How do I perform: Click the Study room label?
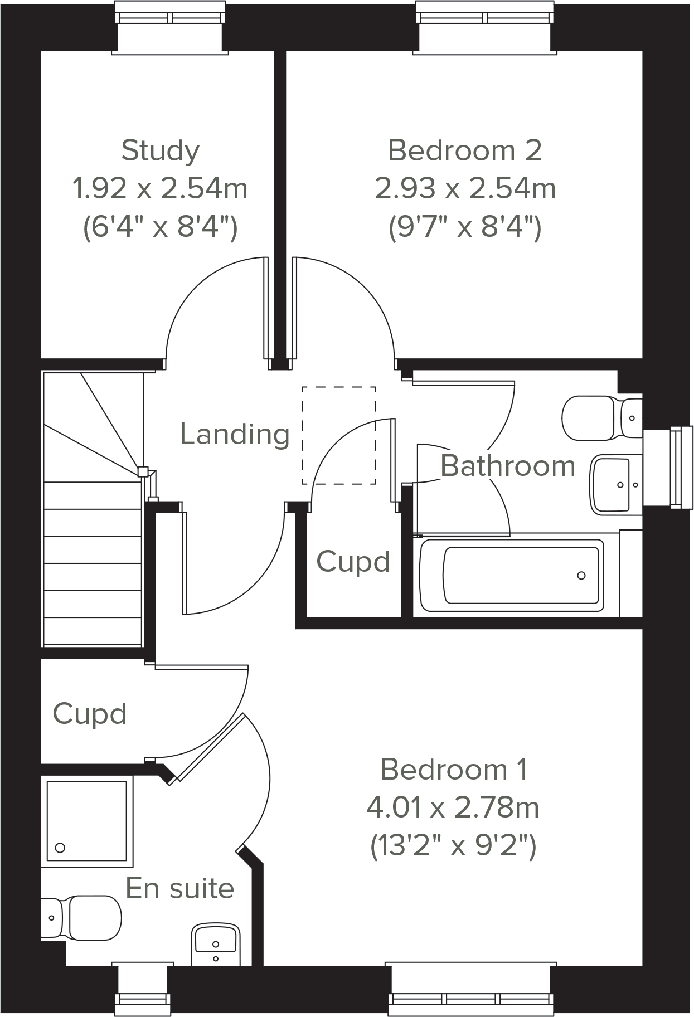(x=160, y=151)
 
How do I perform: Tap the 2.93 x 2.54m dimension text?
(x=465, y=189)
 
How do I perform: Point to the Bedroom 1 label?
(x=453, y=770)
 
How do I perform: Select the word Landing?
(x=235, y=434)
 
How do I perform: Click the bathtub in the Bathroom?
(x=511, y=575)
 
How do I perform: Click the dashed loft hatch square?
(x=338, y=435)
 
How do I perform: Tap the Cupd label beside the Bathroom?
(x=353, y=562)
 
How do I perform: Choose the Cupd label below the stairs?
(x=89, y=714)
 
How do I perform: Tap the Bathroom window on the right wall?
(x=681, y=467)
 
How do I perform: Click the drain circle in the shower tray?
(x=60, y=848)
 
